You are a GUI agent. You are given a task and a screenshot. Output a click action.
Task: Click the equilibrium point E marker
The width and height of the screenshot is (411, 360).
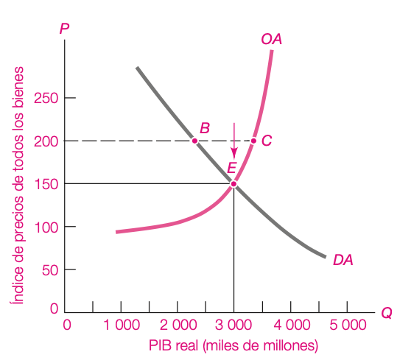point(233,184)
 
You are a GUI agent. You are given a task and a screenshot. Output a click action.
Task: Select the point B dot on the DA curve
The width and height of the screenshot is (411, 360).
point(194,141)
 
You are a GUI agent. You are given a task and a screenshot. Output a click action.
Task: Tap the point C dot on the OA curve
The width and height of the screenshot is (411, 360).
point(253,141)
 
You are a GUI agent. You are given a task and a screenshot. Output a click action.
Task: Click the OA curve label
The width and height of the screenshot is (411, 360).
point(272,39)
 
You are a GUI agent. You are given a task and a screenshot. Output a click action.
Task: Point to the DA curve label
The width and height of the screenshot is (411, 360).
point(342,260)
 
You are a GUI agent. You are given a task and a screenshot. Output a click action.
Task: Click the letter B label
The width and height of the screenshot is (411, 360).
point(205,128)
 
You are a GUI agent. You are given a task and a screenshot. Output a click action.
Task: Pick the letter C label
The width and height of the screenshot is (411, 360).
point(267,141)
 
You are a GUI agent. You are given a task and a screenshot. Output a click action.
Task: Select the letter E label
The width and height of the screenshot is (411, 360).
point(232,168)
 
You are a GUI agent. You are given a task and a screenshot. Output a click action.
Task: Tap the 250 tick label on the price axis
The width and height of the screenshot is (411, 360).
point(46,98)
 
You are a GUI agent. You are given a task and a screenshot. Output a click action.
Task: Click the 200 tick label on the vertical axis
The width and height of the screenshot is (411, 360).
point(46,142)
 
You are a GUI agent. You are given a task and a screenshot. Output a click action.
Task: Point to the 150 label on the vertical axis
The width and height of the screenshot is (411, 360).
point(46,184)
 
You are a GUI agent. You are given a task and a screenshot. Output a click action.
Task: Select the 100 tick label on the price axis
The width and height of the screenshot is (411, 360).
point(46,227)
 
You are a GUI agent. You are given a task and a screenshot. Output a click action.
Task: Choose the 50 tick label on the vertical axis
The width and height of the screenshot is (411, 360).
point(50,270)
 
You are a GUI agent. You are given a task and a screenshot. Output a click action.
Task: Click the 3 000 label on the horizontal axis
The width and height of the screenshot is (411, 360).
point(233,325)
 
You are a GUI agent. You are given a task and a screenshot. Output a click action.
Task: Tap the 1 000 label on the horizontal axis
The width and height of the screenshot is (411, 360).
point(122,325)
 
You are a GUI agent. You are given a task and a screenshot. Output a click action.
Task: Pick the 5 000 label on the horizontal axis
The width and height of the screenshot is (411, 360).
point(348,325)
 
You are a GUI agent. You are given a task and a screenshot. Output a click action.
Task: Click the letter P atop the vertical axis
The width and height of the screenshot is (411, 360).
point(65,29)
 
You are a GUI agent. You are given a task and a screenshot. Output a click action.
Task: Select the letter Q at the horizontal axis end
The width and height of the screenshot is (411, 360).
point(387,313)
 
